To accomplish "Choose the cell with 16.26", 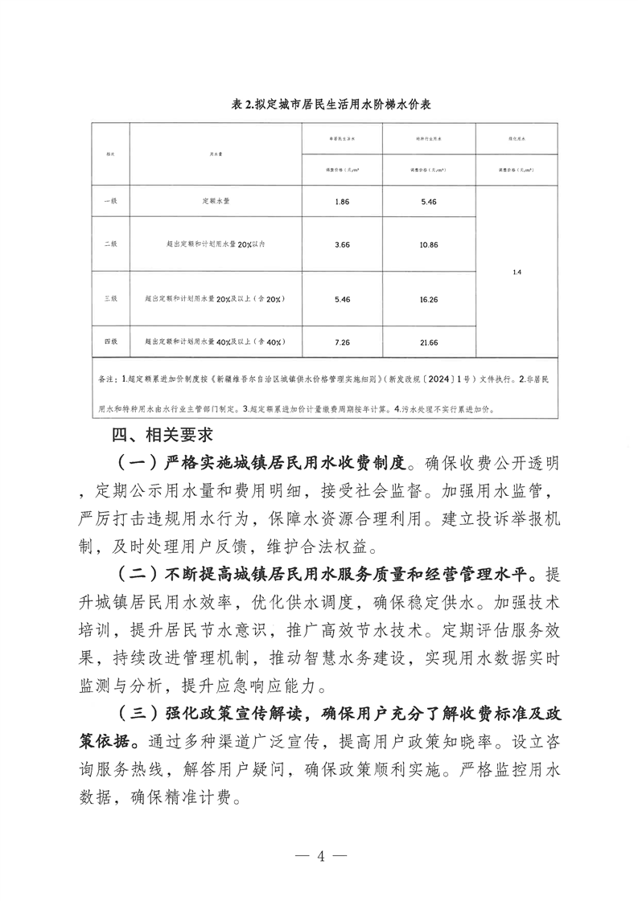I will coord(429,297).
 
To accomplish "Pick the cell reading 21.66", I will coord(429,342).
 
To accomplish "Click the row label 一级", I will coord(110,201).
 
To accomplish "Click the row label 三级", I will coord(110,297).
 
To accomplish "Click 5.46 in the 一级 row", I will coord(429,201).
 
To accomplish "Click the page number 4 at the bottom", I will coord(320,855).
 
